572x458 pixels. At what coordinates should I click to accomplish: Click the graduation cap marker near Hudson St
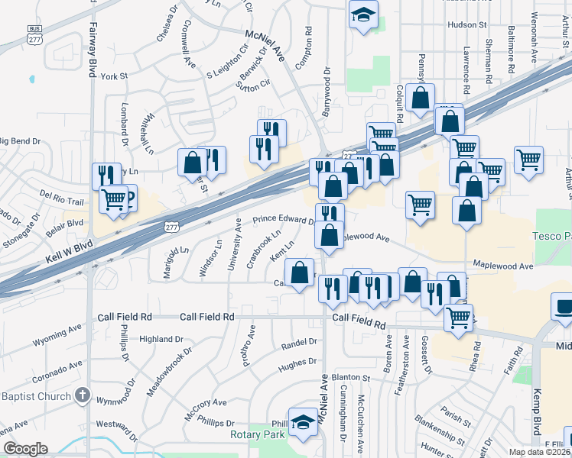click(364, 15)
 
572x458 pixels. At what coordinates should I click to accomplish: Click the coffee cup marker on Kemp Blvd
click(564, 308)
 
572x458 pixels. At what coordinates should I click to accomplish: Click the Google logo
click(24, 449)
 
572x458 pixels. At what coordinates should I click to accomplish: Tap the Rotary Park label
click(256, 434)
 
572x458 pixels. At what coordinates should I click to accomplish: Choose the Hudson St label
click(467, 25)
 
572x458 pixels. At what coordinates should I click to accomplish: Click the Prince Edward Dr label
click(284, 219)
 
